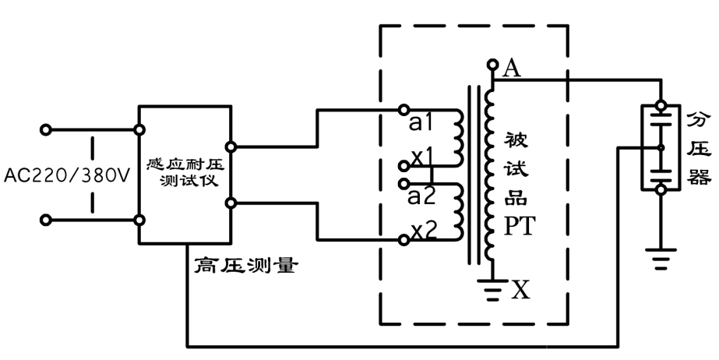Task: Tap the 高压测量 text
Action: click(x=243, y=266)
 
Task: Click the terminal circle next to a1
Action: click(x=403, y=109)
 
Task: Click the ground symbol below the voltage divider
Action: click(x=661, y=257)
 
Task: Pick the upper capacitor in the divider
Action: click(x=661, y=124)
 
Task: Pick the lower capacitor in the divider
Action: click(x=661, y=170)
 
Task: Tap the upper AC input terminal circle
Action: click(x=46, y=129)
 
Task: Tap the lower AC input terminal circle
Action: click(x=46, y=221)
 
